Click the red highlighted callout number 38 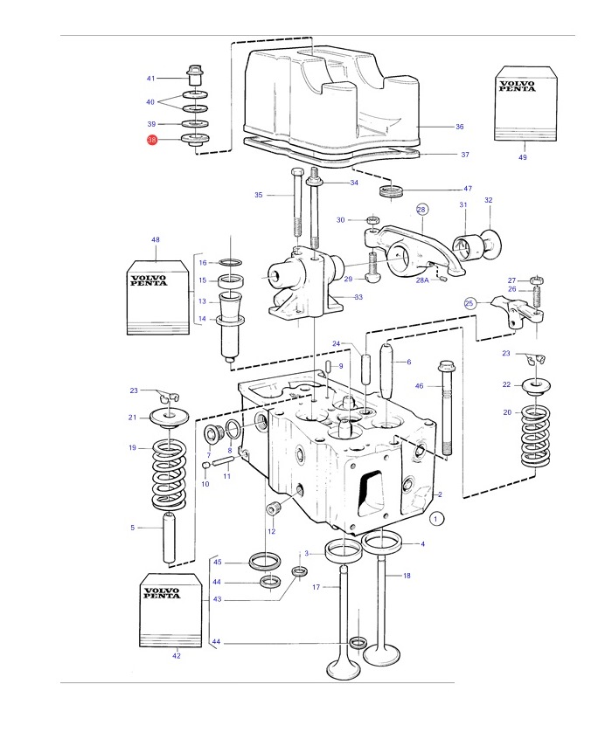click(x=152, y=141)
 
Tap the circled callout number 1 click(x=436, y=519)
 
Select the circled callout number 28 click(x=421, y=210)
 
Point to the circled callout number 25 click(x=469, y=303)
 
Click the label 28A click(x=422, y=280)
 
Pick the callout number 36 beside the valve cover click(x=459, y=127)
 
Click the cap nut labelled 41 click(x=195, y=75)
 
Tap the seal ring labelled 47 click(x=391, y=190)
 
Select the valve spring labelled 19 click(x=169, y=474)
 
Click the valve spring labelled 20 click(x=535, y=436)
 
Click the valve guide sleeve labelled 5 click(x=168, y=538)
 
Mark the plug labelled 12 click(x=274, y=508)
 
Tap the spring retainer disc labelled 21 click(x=169, y=417)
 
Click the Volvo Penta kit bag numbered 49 click(x=525, y=104)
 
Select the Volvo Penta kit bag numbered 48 click(x=158, y=298)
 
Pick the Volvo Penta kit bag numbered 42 click(x=171, y=610)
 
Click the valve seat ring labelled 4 click(x=381, y=543)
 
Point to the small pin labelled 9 click(x=328, y=365)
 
